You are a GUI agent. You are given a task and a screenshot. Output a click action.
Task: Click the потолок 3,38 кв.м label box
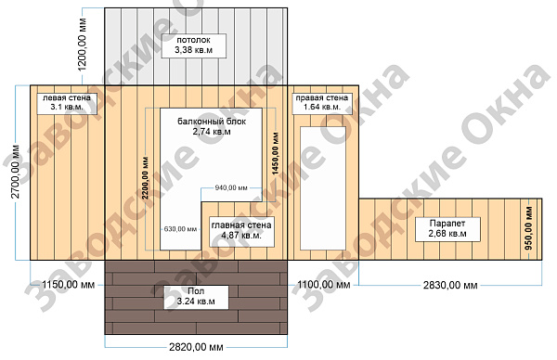pos(194,45)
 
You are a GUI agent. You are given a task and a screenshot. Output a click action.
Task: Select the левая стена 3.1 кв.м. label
pos(67,103)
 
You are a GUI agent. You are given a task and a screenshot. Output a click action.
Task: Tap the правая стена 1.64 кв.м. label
pos(322,103)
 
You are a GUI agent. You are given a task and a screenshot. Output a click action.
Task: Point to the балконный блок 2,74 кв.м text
pos(212,126)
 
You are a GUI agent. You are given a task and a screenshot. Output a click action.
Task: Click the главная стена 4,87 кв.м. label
pos(241,231)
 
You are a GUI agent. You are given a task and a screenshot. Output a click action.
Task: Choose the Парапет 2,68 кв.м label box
pos(447,229)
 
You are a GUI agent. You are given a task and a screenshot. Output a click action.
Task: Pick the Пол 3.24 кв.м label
pos(196,297)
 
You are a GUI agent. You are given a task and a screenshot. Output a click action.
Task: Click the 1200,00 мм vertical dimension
pos(82,45)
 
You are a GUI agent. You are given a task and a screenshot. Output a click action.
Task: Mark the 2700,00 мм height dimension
pos(16,172)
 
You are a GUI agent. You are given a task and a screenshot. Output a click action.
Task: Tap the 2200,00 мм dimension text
pos(146,178)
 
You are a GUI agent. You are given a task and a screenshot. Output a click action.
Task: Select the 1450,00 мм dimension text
pos(276,154)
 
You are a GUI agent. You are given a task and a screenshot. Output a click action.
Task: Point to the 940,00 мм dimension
pos(231,187)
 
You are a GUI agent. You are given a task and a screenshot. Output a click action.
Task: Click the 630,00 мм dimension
pos(180,229)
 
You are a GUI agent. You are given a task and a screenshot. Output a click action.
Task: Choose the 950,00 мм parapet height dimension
pos(529,228)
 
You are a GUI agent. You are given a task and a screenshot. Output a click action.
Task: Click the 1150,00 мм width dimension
pos(68,285)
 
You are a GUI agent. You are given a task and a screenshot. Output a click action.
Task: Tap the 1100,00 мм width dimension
pos(324,285)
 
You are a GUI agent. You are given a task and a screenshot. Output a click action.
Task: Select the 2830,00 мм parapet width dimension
pos(450,285)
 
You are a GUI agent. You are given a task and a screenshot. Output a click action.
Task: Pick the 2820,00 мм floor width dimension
pos(196,347)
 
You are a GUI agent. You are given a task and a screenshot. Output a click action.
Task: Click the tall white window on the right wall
pos(323,188)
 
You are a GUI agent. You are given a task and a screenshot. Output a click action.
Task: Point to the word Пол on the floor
pos(196,291)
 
